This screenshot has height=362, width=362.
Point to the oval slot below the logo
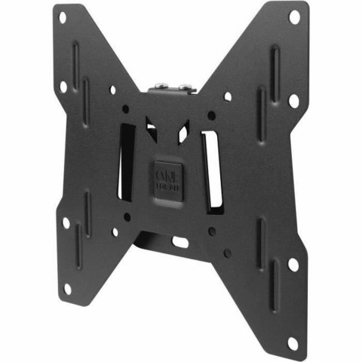click(x=180, y=243)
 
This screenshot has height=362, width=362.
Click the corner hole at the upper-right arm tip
click(x=294, y=14)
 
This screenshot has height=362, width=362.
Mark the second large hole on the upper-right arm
click(x=293, y=99)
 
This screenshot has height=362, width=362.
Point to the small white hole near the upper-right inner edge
click(x=227, y=97)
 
